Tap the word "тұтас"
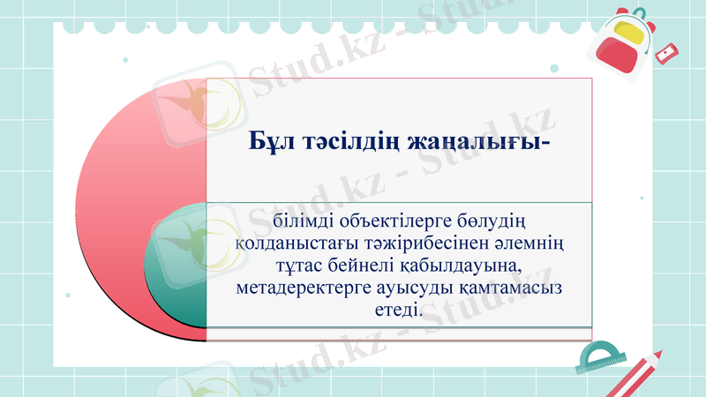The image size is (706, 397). point(287,265)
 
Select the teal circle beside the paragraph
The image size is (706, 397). point(177,266)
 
